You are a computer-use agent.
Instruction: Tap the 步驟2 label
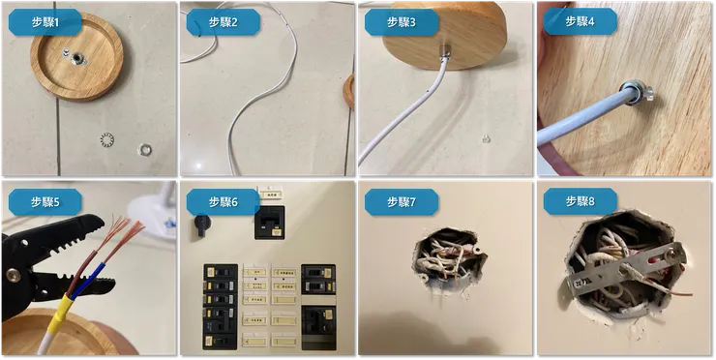[x=216, y=21]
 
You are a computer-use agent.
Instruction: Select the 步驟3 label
[x=394, y=21]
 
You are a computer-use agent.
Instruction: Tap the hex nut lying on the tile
[x=143, y=150]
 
